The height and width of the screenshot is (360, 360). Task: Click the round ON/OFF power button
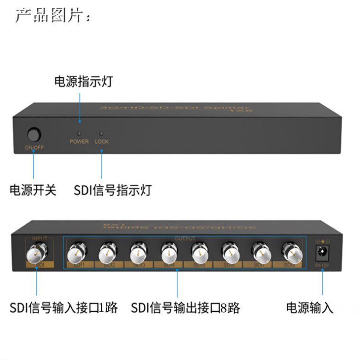tap(34, 135)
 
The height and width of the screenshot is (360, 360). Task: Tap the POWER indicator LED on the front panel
tap(79, 133)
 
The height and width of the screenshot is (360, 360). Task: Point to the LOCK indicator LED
tap(101, 133)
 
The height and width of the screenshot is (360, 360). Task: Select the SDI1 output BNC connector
tap(75, 252)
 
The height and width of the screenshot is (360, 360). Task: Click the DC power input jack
tap(322, 253)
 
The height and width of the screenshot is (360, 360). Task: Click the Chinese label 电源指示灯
tap(83, 82)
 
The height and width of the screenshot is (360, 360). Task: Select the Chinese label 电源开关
tap(33, 190)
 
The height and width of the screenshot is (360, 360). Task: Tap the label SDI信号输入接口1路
tap(64, 308)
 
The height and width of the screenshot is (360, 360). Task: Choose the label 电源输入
tap(310, 308)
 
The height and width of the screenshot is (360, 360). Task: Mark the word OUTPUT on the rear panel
tap(185, 239)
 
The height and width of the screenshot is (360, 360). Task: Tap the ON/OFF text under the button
tap(34, 148)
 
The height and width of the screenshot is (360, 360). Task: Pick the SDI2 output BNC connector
tap(107, 252)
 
